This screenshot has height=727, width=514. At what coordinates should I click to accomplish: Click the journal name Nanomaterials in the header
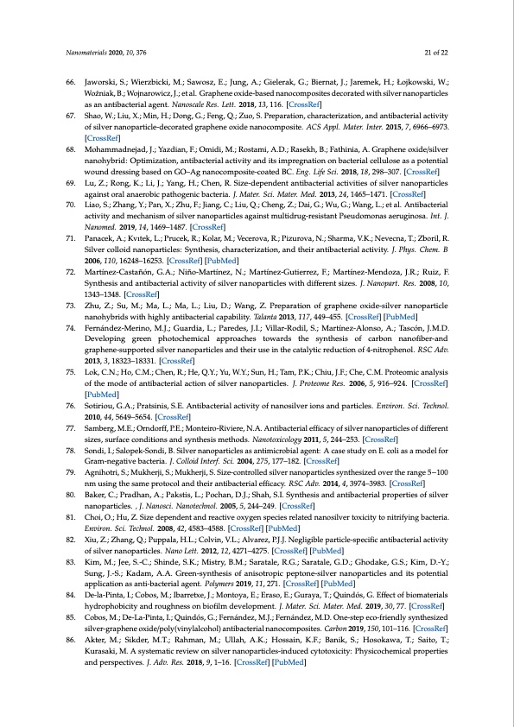[86, 53]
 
